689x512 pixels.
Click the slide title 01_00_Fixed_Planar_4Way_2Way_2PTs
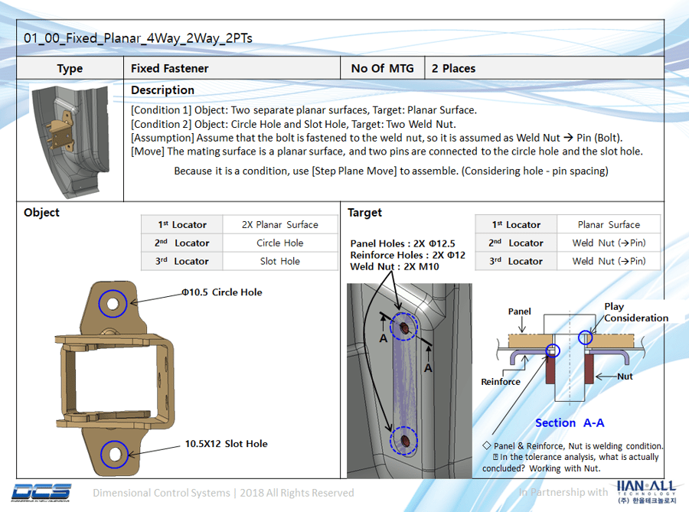(x=138, y=38)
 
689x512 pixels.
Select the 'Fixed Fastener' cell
(x=169, y=68)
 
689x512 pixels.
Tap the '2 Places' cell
(x=453, y=68)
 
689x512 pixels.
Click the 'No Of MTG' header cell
(x=382, y=68)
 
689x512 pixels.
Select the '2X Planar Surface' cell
(x=279, y=225)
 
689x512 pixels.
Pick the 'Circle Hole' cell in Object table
(x=279, y=243)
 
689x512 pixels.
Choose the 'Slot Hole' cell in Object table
(x=279, y=262)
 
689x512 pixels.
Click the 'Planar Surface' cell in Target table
(x=609, y=225)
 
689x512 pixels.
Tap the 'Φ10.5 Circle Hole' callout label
(x=221, y=292)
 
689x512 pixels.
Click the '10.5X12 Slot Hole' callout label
(x=226, y=444)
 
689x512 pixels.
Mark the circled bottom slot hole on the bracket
(x=115, y=454)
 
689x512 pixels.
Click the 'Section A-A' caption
(x=570, y=423)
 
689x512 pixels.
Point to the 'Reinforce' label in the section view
(x=501, y=382)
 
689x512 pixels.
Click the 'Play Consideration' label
(x=635, y=312)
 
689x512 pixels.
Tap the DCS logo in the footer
(x=42, y=492)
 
